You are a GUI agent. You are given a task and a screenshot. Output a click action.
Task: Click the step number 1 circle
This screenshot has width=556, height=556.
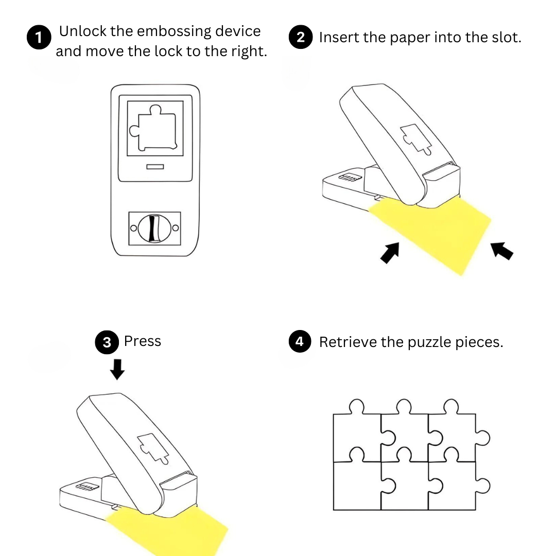point(39,38)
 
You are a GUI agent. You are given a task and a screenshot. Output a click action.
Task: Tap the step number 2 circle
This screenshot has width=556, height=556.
point(301,38)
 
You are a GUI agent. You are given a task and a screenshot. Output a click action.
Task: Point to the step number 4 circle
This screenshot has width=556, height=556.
point(300,342)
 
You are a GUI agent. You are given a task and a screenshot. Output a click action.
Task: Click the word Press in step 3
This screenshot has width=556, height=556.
point(143,341)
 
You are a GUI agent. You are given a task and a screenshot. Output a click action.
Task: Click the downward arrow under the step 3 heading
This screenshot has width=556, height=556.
point(118,369)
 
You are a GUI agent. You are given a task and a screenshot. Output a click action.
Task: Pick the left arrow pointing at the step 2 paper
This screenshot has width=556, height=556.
point(390,253)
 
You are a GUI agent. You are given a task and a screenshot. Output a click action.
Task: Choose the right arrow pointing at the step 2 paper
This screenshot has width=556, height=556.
point(502,251)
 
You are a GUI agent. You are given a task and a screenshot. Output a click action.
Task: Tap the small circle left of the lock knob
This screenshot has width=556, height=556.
point(133,228)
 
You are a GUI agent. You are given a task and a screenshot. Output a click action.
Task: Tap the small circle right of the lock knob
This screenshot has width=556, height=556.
point(176,228)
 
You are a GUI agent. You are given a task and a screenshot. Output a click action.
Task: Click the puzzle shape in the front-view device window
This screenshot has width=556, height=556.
point(154,129)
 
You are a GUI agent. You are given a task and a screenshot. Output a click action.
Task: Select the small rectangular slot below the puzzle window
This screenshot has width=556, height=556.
point(155,167)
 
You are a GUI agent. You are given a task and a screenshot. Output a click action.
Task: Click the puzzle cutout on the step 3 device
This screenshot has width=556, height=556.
point(151,445)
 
